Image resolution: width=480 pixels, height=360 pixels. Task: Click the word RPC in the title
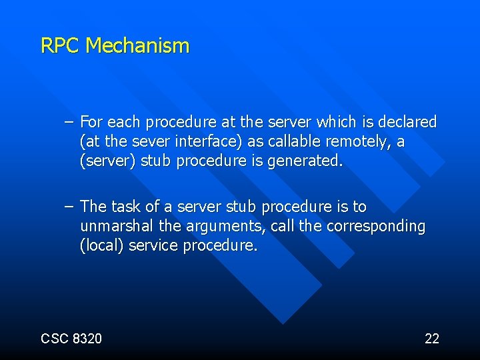coord(61,46)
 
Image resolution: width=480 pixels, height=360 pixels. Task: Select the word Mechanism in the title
coord(138,46)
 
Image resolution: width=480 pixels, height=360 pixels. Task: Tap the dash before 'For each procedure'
coord(69,123)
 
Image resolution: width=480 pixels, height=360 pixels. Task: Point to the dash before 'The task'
coord(69,207)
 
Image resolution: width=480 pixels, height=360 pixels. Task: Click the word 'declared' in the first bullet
coord(407,123)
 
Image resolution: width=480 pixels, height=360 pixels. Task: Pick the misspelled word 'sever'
coord(152,142)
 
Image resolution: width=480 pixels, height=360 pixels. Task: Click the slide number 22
coord(432,339)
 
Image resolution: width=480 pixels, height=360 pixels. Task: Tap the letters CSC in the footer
coord(53,339)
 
